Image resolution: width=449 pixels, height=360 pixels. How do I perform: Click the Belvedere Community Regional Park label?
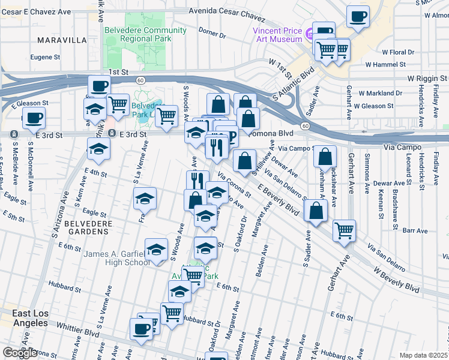(x=145, y=34)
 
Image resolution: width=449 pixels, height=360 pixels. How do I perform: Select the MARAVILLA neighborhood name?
(x=62, y=40)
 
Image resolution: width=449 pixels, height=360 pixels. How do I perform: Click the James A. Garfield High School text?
(x=116, y=258)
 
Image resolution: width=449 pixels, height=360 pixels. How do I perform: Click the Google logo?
(x=20, y=353)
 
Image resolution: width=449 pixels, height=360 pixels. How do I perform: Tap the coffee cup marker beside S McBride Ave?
(x=34, y=118)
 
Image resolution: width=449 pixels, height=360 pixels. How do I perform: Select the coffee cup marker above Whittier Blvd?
(x=142, y=329)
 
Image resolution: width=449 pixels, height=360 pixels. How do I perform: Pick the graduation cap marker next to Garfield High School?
(x=156, y=249)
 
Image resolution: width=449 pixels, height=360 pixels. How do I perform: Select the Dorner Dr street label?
(x=212, y=35)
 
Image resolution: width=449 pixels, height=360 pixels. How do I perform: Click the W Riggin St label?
(x=427, y=79)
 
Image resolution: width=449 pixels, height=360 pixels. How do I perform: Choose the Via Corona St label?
(x=234, y=185)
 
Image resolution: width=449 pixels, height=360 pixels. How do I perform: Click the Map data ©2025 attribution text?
(x=423, y=355)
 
